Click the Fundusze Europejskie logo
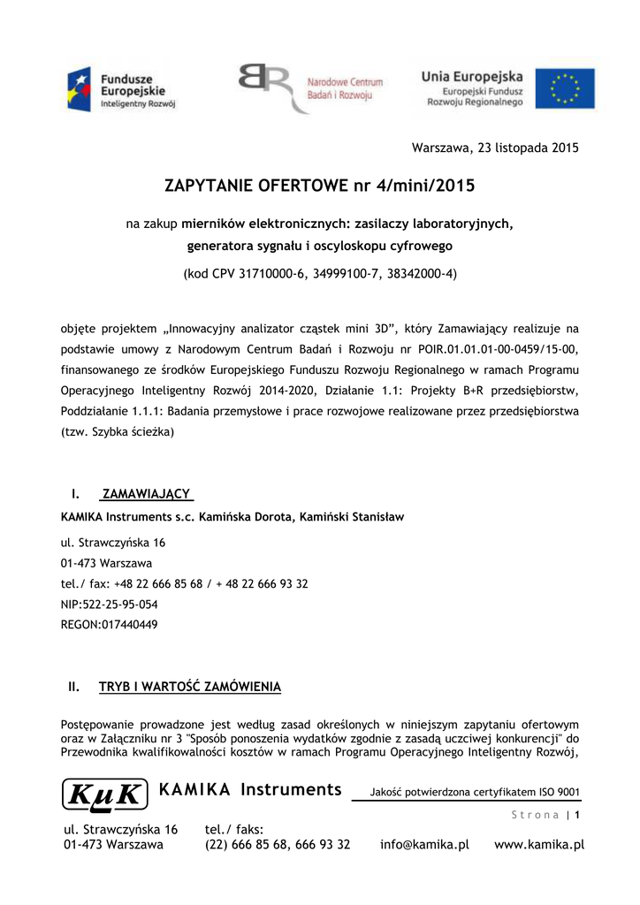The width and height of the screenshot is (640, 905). pos(123,89)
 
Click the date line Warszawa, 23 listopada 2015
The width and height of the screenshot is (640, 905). pos(496,148)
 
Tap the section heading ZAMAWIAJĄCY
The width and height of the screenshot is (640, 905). pos(148,493)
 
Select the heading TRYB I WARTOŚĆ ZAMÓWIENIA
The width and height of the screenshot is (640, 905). pos(190,686)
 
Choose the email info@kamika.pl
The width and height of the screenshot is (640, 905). pos(424,845)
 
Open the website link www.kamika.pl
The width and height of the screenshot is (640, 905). pos(539,845)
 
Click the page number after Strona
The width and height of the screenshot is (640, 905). pos(577,815)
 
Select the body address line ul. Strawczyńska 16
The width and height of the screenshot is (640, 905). pos(113,543)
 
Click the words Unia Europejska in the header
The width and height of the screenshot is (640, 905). pos(471,77)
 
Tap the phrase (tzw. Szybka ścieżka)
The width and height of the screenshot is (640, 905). pos(118,433)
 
